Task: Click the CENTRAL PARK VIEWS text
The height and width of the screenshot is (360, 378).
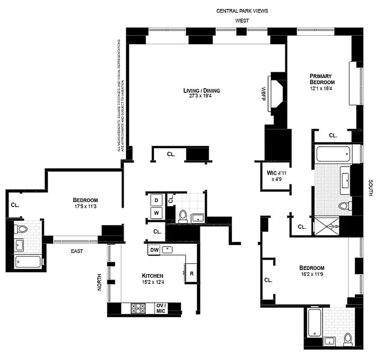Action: point(242,11)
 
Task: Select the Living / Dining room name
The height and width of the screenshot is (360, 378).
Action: point(201,90)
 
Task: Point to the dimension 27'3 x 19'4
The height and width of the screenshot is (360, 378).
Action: point(201,96)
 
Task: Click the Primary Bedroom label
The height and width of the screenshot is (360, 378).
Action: point(322,79)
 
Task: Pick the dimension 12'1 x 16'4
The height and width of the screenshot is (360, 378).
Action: point(322,89)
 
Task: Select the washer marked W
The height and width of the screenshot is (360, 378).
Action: point(156,213)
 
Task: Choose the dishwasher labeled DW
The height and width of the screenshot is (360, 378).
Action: point(154,250)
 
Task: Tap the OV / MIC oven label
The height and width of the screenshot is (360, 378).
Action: point(161,308)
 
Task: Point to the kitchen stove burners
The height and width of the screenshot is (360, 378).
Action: point(138,308)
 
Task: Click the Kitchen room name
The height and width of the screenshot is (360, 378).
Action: point(152,276)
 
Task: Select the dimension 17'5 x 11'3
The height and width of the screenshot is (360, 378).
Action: point(85,207)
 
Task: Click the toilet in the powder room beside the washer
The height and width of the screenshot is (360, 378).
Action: point(183,216)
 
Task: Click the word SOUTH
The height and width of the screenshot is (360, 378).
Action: point(370,189)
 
